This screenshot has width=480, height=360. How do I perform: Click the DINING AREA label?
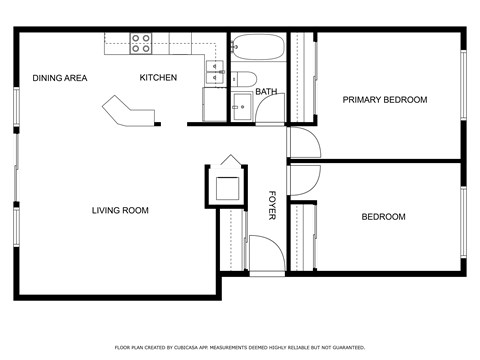[x=60, y=78]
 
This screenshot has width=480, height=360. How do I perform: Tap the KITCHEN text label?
[x=158, y=78]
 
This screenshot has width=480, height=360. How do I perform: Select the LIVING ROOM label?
[x=120, y=210]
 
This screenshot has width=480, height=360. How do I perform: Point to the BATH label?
[x=266, y=92]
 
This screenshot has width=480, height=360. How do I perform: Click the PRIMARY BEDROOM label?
[x=385, y=100]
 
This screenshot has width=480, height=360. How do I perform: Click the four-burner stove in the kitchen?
[x=141, y=42]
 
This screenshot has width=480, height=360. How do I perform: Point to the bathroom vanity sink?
[x=241, y=107]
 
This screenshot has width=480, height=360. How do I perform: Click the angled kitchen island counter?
[x=129, y=110]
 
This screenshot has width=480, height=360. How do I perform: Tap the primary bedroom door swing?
[x=303, y=141]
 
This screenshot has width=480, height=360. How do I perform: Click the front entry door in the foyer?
[x=264, y=255]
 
